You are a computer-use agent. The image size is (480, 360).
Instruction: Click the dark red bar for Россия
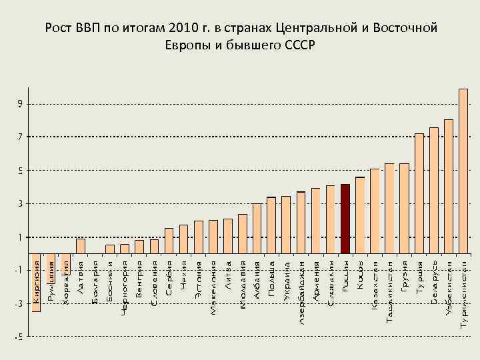pos(345,219)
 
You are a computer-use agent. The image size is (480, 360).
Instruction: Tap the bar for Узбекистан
pos(448,187)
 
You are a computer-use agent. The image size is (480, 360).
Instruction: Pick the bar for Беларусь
pos(433,190)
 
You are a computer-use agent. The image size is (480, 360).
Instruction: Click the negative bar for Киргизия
pos(36,283)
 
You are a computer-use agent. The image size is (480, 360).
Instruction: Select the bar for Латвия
pos(80,246)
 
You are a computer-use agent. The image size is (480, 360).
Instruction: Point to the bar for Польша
pos(271,225)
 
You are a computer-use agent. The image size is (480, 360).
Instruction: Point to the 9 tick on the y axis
pos(21,104)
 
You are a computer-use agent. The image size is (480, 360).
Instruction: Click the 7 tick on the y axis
pos(21,137)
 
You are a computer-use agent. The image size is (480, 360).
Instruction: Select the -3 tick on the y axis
pos(19,304)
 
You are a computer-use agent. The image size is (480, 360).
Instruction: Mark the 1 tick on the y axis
pos(21,237)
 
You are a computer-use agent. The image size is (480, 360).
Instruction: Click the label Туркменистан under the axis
pos(463,293)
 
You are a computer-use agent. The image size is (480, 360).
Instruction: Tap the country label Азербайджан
pos(301,293)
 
